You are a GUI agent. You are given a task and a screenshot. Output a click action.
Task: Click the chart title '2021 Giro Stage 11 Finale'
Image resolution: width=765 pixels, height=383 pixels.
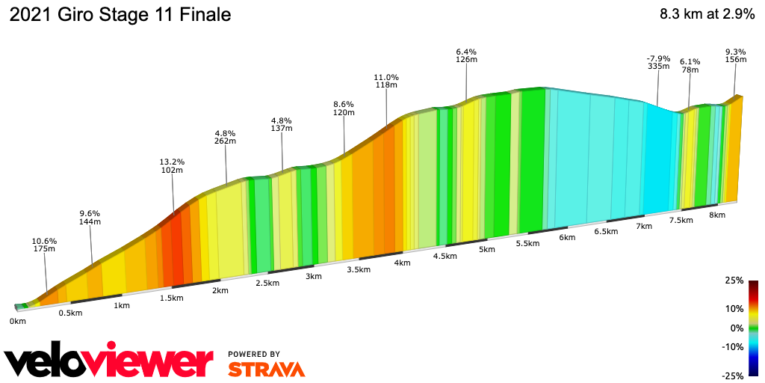(120, 15)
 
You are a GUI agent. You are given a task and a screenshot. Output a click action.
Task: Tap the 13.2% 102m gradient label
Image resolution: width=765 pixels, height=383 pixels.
(172, 165)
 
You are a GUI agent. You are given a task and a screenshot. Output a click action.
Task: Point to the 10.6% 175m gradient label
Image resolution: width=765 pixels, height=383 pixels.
(44, 245)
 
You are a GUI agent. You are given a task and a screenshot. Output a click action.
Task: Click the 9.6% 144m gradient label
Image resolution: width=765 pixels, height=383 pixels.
(90, 218)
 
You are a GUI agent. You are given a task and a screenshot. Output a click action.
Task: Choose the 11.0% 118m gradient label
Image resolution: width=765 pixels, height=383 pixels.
(386, 82)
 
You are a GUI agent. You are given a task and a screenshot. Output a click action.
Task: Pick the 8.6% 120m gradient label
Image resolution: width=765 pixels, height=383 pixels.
(344, 108)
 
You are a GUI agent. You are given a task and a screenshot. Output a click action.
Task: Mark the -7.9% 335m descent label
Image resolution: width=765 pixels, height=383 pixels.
(657, 62)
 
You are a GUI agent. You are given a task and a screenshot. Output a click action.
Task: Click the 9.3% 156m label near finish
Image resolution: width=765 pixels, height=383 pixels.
(735, 57)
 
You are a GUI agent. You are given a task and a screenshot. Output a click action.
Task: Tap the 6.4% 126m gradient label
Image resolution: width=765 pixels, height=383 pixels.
(467, 55)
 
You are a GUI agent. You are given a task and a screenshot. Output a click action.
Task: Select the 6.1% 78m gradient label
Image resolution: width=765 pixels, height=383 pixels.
(690, 66)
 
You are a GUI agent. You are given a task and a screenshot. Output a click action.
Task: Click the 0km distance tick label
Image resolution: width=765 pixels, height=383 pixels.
(18, 321)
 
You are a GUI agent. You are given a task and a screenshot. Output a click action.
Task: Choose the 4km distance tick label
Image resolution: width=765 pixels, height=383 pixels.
(402, 263)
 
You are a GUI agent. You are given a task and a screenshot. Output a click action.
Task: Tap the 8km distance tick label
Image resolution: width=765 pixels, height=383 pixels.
(716, 215)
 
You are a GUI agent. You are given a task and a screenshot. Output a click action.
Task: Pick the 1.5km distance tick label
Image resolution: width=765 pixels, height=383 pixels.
(171, 298)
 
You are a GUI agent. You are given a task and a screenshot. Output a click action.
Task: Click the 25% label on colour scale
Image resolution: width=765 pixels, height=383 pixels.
(734, 281)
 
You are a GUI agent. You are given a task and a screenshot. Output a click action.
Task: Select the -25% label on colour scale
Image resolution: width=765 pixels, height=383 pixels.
(732, 376)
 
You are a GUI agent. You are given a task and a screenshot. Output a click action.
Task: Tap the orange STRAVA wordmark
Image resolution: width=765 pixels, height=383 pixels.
(266, 369)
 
